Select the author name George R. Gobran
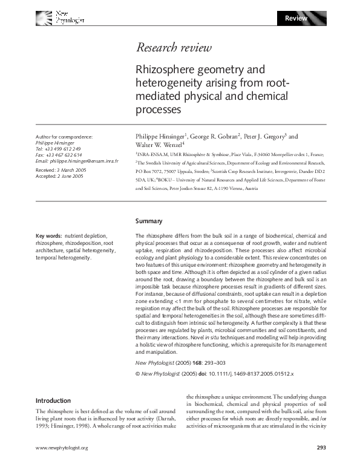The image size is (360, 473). [213, 137]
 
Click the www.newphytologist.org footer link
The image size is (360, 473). [62, 465]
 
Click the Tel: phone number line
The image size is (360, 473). [58, 149]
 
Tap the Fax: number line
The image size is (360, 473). [58, 155]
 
